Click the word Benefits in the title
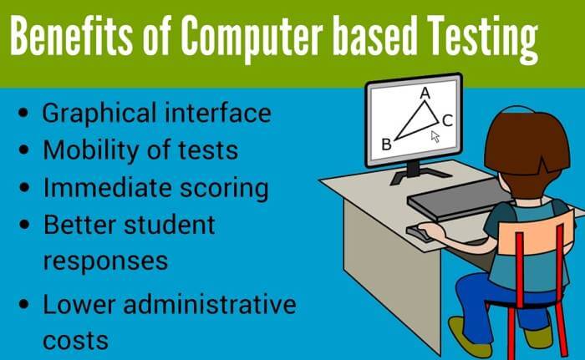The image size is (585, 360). click(x=70, y=36)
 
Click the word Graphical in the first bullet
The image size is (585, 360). click(x=99, y=114)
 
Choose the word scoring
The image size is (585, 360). click(x=224, y=188)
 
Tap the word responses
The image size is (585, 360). click(x=105, y=261)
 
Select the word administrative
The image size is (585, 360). click(x=210, y=304)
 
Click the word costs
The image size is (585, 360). click(x=75, y=341)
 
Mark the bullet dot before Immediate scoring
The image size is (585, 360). click(x=24, y=187)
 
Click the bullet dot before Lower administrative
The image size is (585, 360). click(x=24, y=304)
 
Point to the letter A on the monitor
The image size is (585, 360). click(x=425, y=94)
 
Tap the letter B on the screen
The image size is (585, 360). click(x=386, y=145)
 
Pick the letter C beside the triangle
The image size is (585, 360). click(x=447, y=120)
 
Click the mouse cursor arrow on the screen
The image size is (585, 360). click(x=435, y=136)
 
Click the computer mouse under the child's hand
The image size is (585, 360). click(x=419, y=233)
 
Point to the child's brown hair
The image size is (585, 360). click(x=527, y=144)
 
